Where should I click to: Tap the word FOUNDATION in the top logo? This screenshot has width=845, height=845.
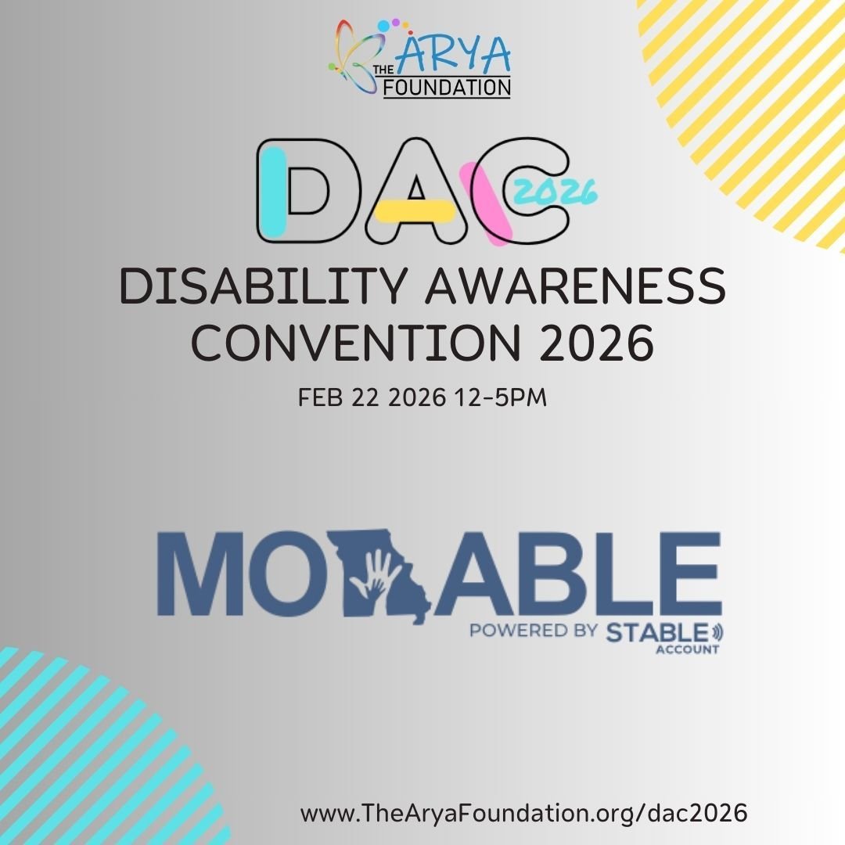(447, 86)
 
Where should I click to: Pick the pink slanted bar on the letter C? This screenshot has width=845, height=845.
(487, 201)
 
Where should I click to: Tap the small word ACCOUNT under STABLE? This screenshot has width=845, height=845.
(689, 649)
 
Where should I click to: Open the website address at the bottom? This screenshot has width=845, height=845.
(523, 813)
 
